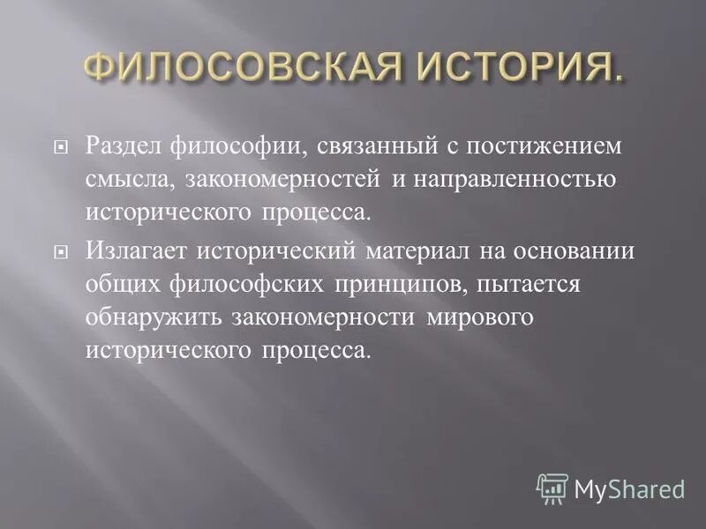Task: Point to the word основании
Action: tap(572, 250)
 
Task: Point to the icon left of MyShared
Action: tap(552, 488)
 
